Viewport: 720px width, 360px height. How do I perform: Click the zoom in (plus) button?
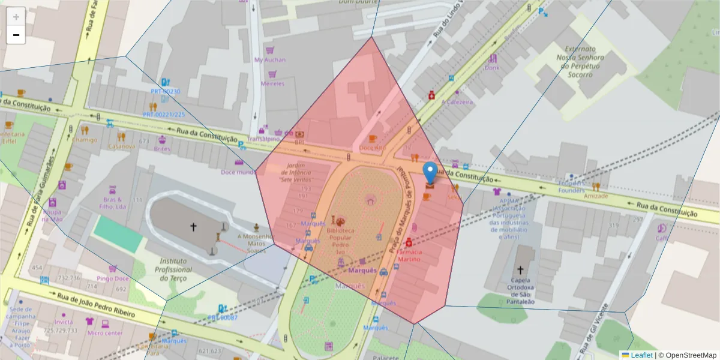pyautogui.click(x=16, y=17)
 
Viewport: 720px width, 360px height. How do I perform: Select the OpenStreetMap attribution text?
pyautogui.click(x=687, y=355)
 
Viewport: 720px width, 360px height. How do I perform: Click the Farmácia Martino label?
pyautogui.click(x=409, y=256)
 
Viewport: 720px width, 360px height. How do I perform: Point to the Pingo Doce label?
pyautogui.click(x=113, y=278)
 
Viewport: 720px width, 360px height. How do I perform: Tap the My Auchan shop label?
pyautogui.click(x=270, y=60)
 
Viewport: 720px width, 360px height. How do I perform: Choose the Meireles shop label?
pyautogui.click(x=272, y=84)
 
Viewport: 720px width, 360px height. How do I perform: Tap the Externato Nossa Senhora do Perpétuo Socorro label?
pyautogui.click(x=579, y=62)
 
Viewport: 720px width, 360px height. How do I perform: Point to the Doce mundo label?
pyautogui.click(x=238, y=172)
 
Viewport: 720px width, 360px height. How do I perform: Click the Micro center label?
pyautogui.click(x=104, y=333)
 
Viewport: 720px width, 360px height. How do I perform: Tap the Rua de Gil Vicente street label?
pyautogui.click(x=594, y=327)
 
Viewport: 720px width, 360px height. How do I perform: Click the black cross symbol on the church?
pyautogui.click(x=193, y=227)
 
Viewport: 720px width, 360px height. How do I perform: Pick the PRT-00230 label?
pyautogui.click(x=165, y=91)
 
